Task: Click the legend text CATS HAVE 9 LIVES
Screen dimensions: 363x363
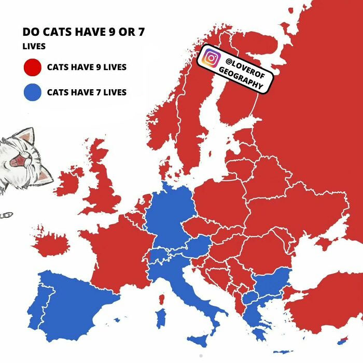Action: (x=87, y=67)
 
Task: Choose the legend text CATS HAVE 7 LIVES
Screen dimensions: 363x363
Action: (x=87, y=93)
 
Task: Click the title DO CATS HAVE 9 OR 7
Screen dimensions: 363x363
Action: (x=83, y=32)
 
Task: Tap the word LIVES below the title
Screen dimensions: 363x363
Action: (x=34, y=46)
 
